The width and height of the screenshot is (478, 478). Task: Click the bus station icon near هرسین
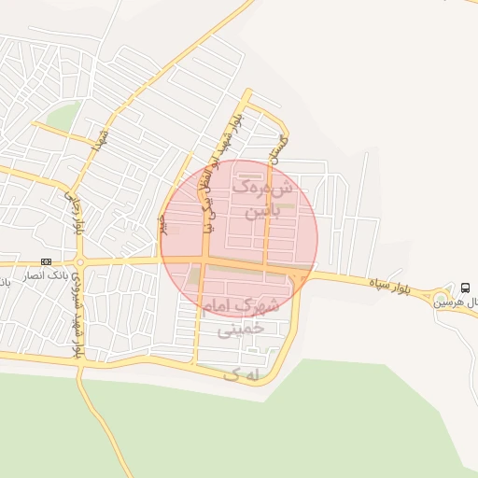466,286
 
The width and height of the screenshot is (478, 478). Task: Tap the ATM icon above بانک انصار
46,261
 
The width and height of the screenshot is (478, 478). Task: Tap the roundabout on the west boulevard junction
79,260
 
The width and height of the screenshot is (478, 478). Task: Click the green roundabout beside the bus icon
440,300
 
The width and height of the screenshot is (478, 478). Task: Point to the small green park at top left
62,118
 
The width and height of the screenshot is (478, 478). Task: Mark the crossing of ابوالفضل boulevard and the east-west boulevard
203,260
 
